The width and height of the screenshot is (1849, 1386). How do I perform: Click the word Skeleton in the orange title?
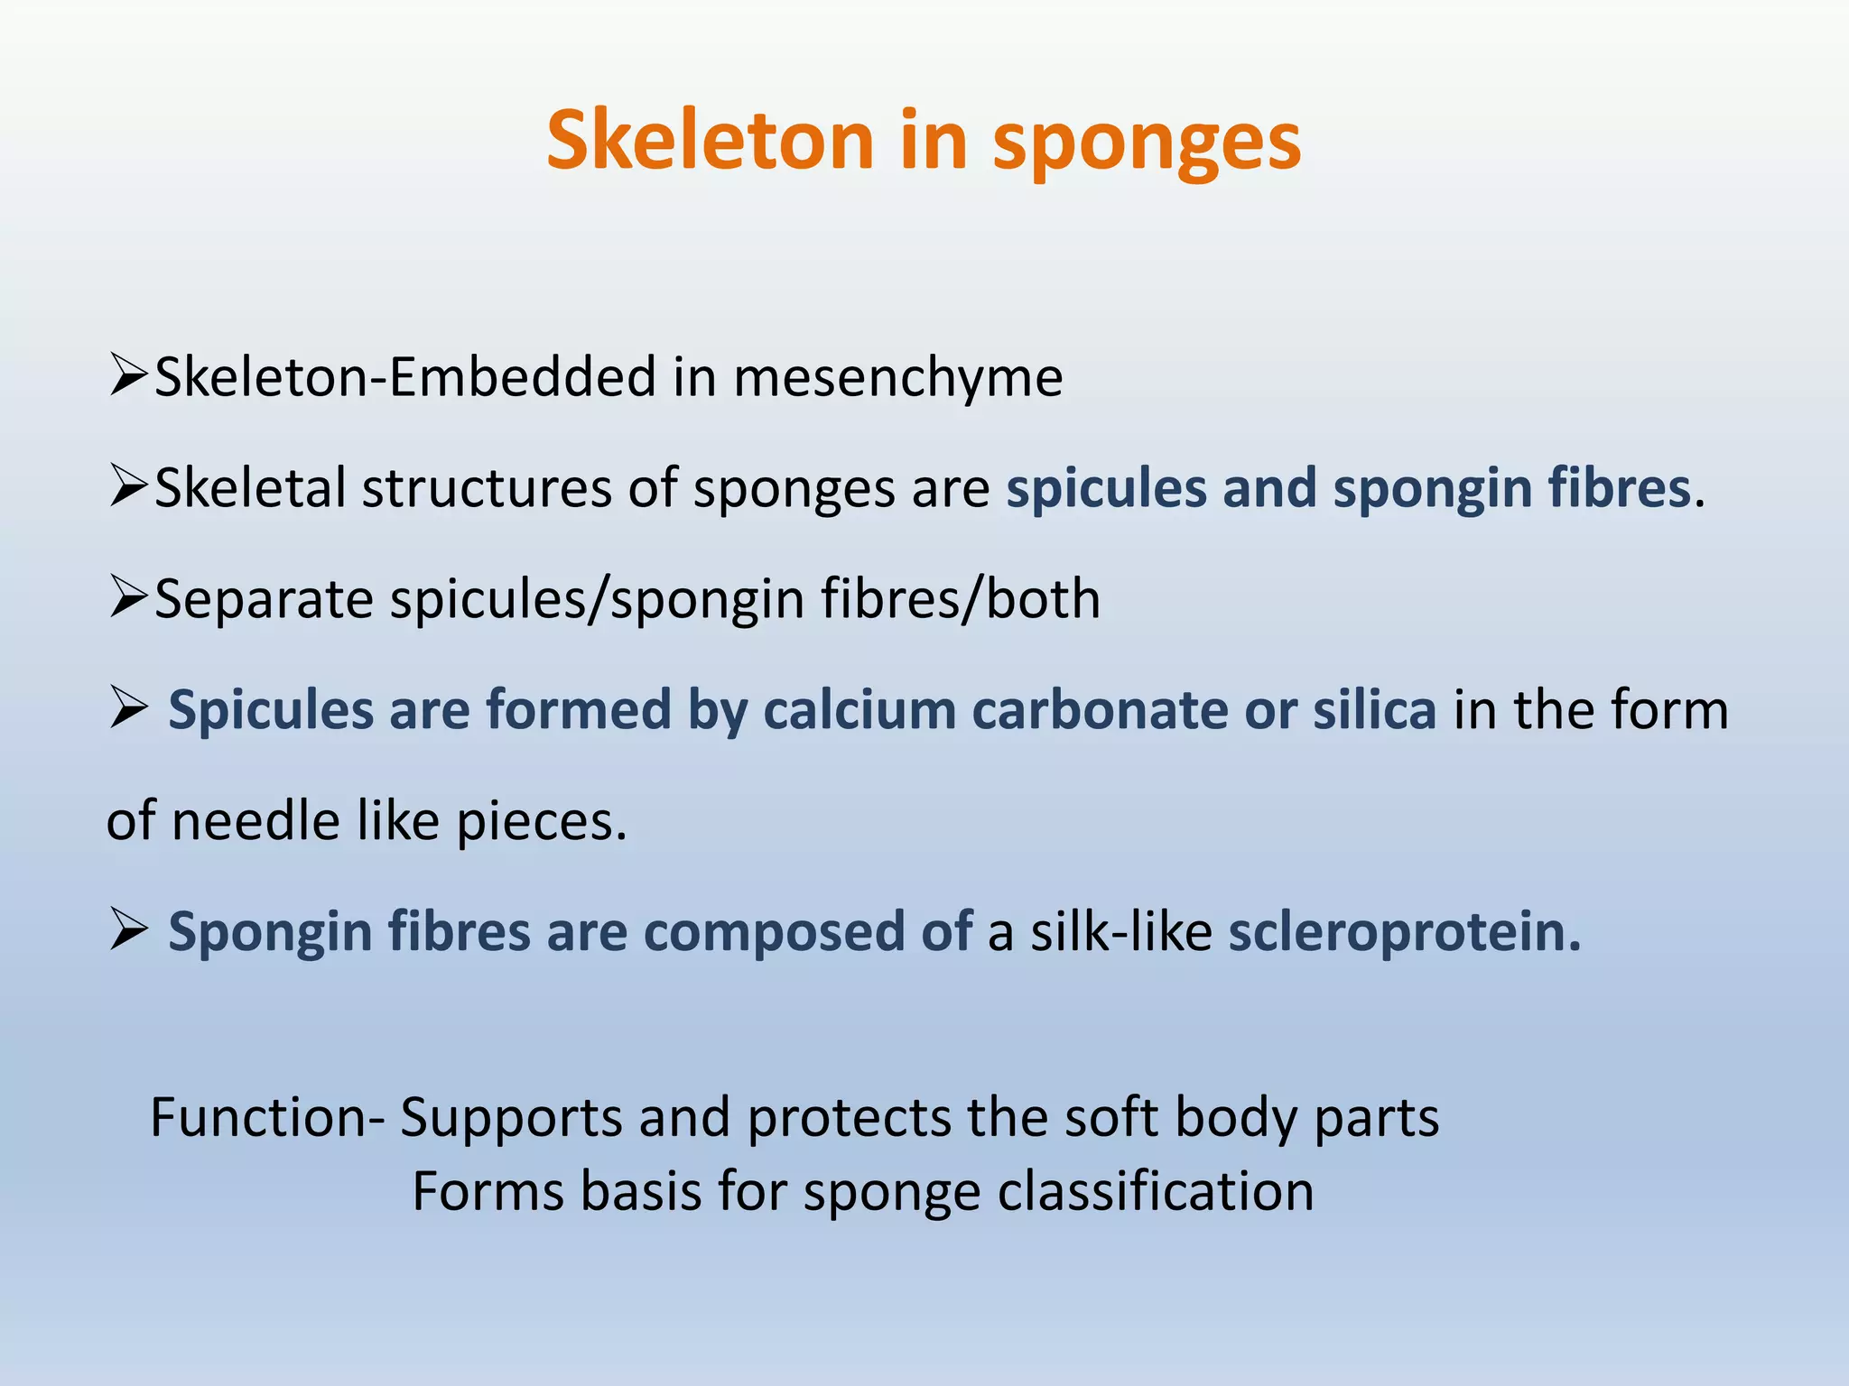coord(711,141)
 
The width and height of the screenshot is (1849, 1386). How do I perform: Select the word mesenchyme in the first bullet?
coord(897,377)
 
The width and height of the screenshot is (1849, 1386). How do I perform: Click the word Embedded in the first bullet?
coord(522,377)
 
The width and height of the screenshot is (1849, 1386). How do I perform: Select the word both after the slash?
coord(1043,599)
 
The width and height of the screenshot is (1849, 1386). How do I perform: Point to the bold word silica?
coord(1374,710)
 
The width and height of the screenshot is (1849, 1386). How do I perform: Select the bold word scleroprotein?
coord(1404,932)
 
